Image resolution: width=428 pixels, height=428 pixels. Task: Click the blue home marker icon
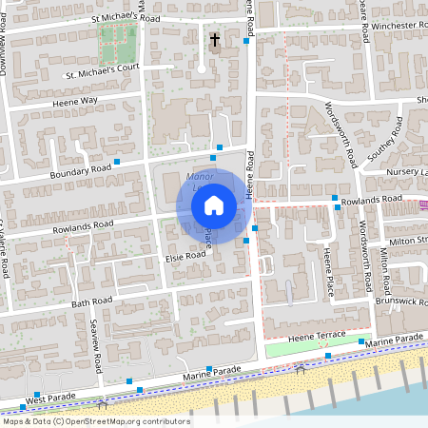214,204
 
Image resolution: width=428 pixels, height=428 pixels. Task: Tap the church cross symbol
215,40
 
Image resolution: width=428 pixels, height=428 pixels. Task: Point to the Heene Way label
76,100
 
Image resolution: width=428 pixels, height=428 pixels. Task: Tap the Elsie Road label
185,256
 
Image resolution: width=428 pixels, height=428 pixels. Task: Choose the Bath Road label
92,302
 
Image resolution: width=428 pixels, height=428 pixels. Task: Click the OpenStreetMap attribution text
96,420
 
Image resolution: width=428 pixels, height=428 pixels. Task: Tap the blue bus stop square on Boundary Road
117,162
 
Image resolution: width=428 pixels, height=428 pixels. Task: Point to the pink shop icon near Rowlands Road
423,204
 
